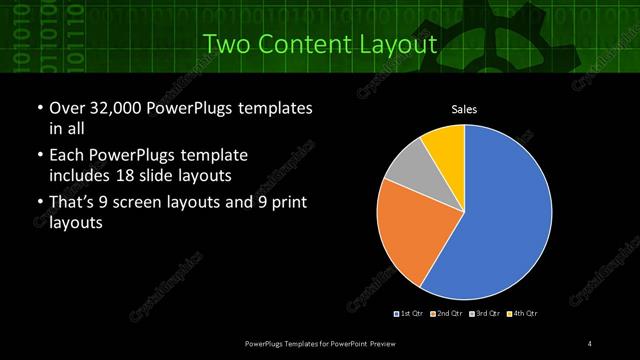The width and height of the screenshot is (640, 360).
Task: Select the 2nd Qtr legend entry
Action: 447,314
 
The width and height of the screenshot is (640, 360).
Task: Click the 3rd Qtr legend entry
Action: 484,314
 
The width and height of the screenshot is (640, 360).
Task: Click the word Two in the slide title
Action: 225,45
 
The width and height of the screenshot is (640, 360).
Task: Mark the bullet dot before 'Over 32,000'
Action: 39,108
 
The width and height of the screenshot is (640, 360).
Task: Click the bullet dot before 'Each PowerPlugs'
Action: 39,156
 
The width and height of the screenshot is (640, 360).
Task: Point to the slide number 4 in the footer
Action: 590,344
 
